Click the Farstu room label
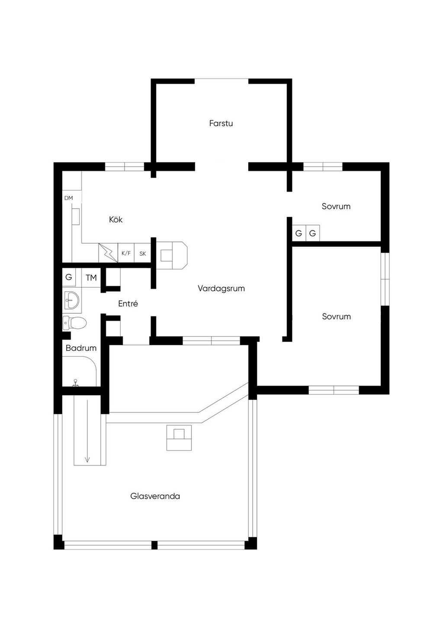(x=221, y=123)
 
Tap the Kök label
(x=116, y=219)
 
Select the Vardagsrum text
(x=221, y=288)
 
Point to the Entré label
(x=128, y=303)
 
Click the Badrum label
(x=81, y=348)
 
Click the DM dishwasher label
(x=68, y=198)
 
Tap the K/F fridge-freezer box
(x=126, y=253)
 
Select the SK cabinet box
(x=143, y=253)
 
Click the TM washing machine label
(x=91, y=278)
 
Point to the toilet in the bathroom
(x=74, y=323)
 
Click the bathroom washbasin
(x=72, y=300)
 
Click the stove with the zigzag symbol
(x=108, y=253)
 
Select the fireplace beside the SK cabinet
(x=171, y=255)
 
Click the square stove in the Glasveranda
(x=179, y=437)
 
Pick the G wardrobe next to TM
(x=68, y=277)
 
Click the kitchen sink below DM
(x=76, y=216)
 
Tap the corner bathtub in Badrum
(x=79, y=371)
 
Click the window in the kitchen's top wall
(x=125, y=167)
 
